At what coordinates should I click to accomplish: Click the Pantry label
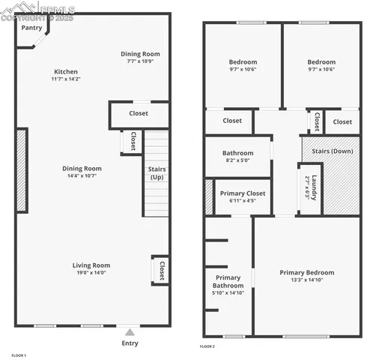coord(31,28)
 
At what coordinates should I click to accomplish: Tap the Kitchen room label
coord(65,71)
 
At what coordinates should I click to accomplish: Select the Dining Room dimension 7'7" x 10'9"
coord(141,61)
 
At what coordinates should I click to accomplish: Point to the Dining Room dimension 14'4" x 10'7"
coord(82,177)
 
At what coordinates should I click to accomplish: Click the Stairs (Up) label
coord(157,173)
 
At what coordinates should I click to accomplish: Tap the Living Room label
coord(91,265)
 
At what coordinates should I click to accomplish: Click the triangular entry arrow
coord(130,331)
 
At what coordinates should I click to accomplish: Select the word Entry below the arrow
coord(130,343)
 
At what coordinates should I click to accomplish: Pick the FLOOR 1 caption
coord(19,355)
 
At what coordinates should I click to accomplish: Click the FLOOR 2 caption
coord(207,347)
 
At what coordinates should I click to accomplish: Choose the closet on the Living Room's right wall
coord(160,270)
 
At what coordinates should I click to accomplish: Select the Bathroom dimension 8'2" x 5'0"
coord(237,160)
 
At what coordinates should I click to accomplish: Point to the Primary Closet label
coord(242,193)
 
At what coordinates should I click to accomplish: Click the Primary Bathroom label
coord(228,281)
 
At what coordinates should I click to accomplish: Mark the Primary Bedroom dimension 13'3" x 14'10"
coord(307,280)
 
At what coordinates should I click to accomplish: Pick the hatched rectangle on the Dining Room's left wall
coord(22,170)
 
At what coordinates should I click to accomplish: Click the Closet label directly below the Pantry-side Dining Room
coord(139,113)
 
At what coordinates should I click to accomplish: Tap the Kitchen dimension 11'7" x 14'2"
coord(65,79)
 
